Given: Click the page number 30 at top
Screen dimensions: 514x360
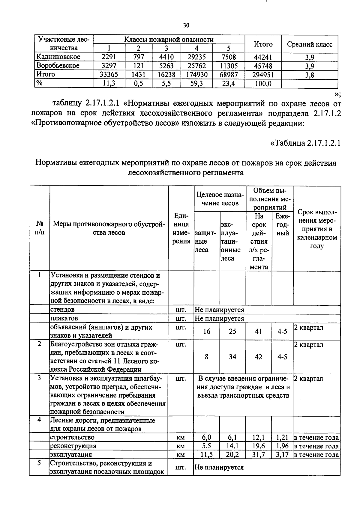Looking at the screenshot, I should click(186, 25).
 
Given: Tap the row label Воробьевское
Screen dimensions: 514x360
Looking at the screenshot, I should click(58, 66).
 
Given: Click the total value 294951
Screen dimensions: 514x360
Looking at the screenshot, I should click(263, 75).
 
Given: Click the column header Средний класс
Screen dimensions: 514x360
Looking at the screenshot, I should click(310, 44).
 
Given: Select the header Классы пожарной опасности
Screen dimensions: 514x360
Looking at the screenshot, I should click(169, 40).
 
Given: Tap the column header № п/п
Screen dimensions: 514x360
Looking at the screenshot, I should click(39, 228).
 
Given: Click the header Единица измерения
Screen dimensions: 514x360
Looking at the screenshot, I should click(181, 228).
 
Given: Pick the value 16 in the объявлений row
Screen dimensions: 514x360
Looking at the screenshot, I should click(207, 331).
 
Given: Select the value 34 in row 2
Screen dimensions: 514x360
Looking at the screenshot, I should click(232, 357).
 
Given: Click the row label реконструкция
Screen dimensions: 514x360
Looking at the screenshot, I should click(73, 446).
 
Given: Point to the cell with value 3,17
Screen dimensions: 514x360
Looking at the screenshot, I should click(282, 455).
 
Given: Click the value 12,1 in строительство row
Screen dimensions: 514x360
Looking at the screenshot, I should click(259, 437).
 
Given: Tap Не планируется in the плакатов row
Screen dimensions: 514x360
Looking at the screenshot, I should click(219, 318).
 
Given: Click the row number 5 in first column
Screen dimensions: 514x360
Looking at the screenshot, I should click(39, 463).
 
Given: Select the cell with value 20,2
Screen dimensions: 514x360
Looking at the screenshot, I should click(232, 455).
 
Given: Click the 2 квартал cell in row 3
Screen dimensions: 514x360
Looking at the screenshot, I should click(309, 379).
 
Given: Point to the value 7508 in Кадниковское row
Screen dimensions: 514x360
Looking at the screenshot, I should click(228, 57).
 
